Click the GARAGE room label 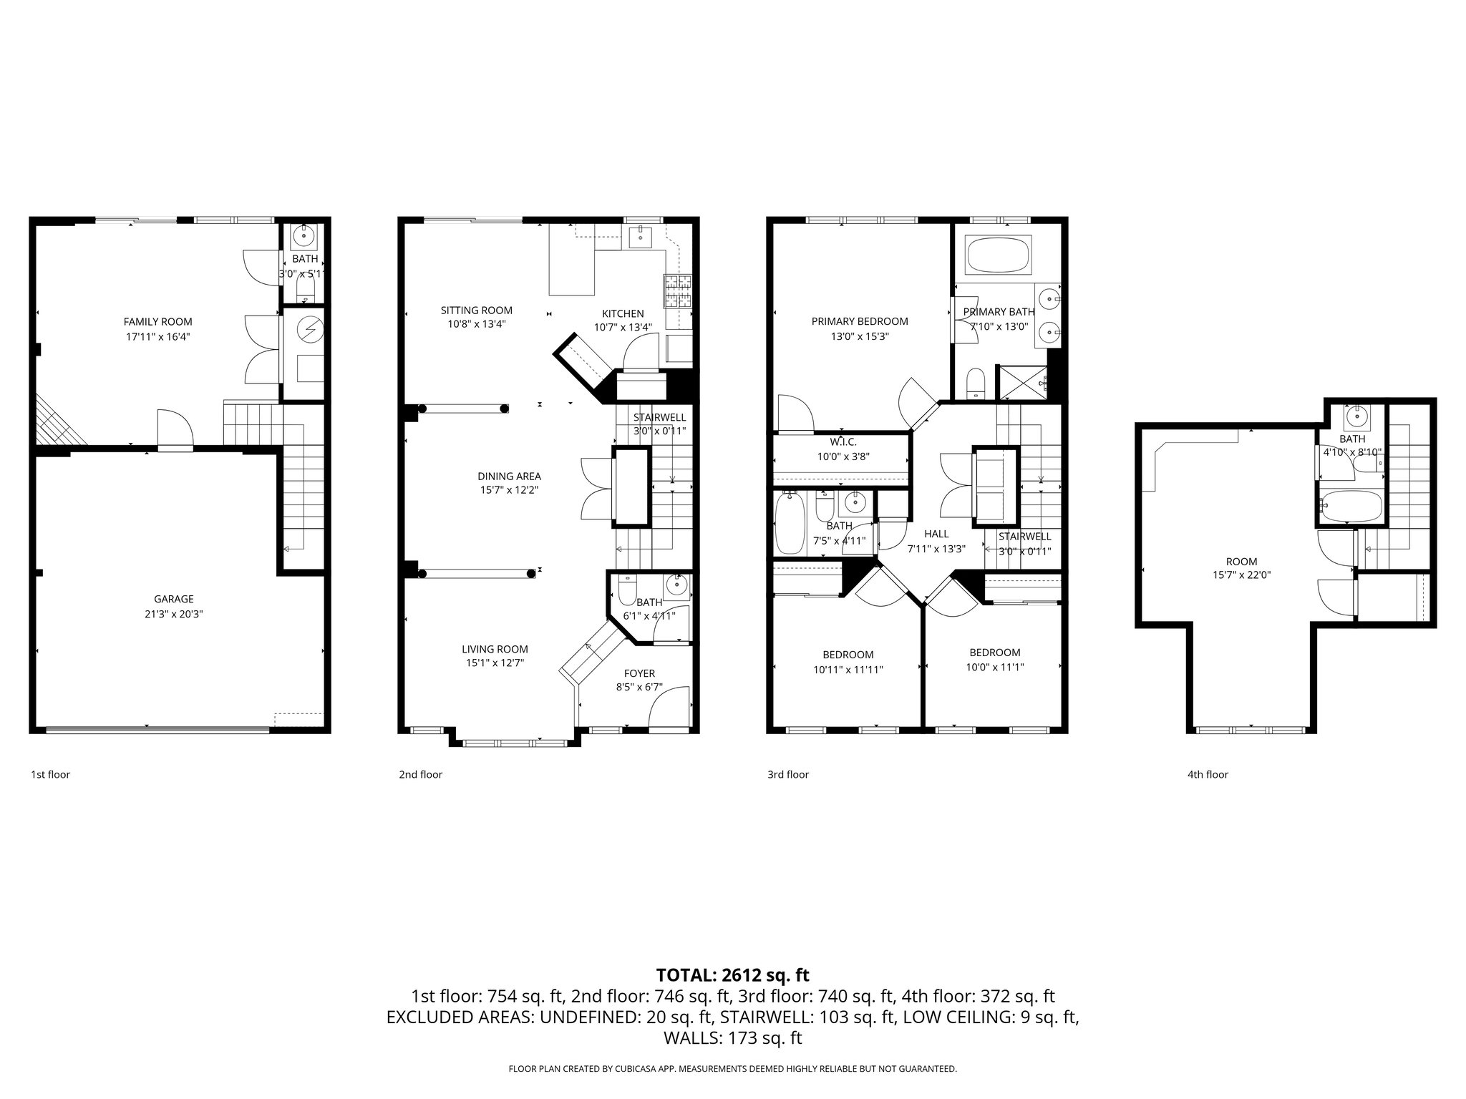173,599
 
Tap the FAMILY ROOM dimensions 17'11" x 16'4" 157,336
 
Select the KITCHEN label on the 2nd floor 622,313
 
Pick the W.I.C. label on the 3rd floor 843,441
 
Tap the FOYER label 639,673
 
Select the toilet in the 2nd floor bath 626,591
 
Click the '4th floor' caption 1207,774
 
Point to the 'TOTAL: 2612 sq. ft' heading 732,975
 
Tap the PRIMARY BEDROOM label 859,321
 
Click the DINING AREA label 509,476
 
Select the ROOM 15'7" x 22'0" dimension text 1241,575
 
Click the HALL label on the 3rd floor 936,534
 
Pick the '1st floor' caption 50,774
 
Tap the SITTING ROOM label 476,310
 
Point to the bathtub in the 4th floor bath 1351,507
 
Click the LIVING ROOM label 494,649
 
